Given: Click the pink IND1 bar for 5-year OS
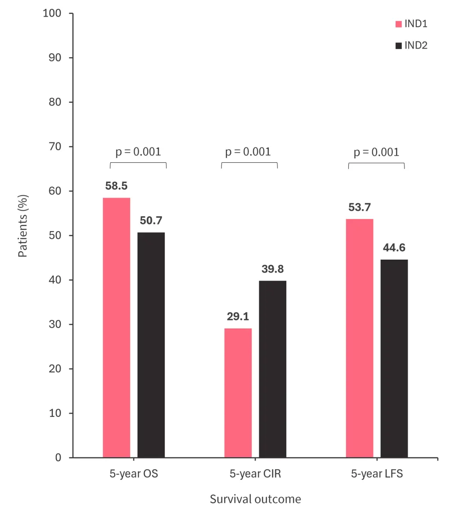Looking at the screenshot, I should pyautogui.click(x=117, y=328).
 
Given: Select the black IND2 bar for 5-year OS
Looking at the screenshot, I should pyautogui.click(x=151, y=345).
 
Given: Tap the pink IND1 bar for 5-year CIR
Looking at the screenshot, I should pyautogui.click(x=238, y=393).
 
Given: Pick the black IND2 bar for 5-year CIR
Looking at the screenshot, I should pyautogui.click(x=273, y=369).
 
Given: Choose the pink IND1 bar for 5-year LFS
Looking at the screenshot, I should pyautogui.click(x=360, y=338).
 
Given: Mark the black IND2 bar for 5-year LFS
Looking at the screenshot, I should pyautogui.click(x=394, y=358).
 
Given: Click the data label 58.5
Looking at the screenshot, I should pyautogui.click(x=117, y=186).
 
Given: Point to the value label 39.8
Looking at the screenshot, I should pyautogui.click(x=273, y=269).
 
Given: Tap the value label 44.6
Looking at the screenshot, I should pyautogui.click(x=394, y=248).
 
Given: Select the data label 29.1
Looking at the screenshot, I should pyautogui.click(x=238, y=317).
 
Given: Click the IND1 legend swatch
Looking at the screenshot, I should pyautogui.click(x=398, y=24).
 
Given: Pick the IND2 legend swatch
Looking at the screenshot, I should pyautogui.click(x=398, y=46).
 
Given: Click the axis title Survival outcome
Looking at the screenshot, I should pyautogui.click(x=255, y=499).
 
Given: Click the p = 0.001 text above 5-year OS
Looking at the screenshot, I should pyautogui.click(x=138, y=152).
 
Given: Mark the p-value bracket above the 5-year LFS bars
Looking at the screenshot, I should pyautogui.click(x=376, y=163).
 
